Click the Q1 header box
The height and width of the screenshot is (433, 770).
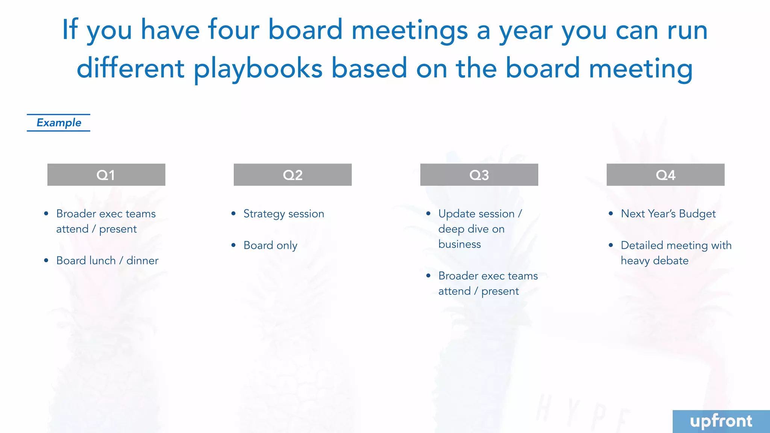pyautogui.click(x=106, y=175)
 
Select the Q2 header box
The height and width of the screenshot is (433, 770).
pyautogui.click(x=293, y=175)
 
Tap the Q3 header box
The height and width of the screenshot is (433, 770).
pyautogui.click(x=479, y=175)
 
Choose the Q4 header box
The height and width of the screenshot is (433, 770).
pyautogui.click(x=665, y=175)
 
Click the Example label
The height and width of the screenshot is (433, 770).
pyautogui.click(x=59, y=123)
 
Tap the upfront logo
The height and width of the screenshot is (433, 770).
pyautogui.click(x=721, y=421)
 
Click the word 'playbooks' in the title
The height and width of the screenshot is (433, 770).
pyautogui.click(x=258, y=69)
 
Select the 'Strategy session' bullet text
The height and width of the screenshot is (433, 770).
pyautogui.click(x=283, y=214)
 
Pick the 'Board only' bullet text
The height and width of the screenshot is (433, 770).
pyautogui.click(x=270, y=245)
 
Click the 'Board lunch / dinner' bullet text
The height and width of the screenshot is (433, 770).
pyautogui.click(x=107, y=260)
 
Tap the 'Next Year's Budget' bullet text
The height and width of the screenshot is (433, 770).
pyautogui.click(x=668, y=214)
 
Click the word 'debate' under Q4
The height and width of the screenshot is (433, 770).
pyautogui.click(x=671, y=260)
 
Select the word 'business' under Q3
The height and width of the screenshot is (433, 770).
pyautogui.click(x=459, y=244)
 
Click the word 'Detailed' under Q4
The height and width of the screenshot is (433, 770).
pyautogui.click(x=642, y=245)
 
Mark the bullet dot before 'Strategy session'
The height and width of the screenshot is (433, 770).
pyautogui.click(x=233, y=213)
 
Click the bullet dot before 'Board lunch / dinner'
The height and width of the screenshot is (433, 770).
pyautogui.click(x=46, y=260)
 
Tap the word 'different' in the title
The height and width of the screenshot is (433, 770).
pyautogui.click(x=130, y=68)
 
